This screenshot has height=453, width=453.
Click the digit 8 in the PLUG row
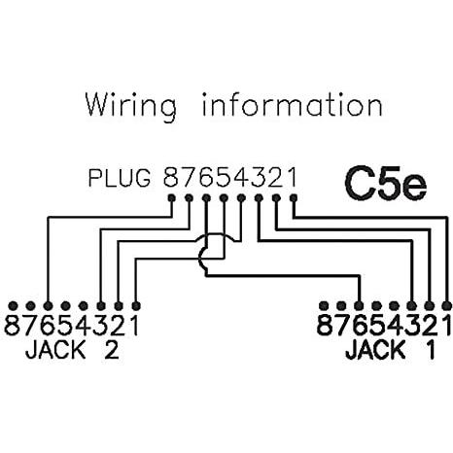pos(172,179)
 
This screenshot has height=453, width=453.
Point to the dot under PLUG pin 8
pos(172,200)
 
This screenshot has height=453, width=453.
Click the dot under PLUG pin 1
pos(293,200)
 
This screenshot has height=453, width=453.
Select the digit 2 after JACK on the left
pos(110,350)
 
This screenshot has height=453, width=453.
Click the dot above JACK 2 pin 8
pos(13,303)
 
